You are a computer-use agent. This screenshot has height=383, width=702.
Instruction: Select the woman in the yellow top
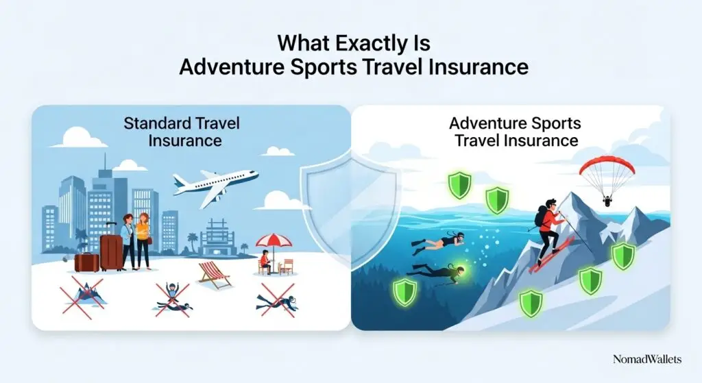[x=144, y=240]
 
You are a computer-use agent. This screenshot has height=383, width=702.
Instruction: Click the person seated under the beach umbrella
[x=265, y=262]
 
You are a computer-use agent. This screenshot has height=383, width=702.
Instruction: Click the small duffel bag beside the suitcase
[x=86, y=261]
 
